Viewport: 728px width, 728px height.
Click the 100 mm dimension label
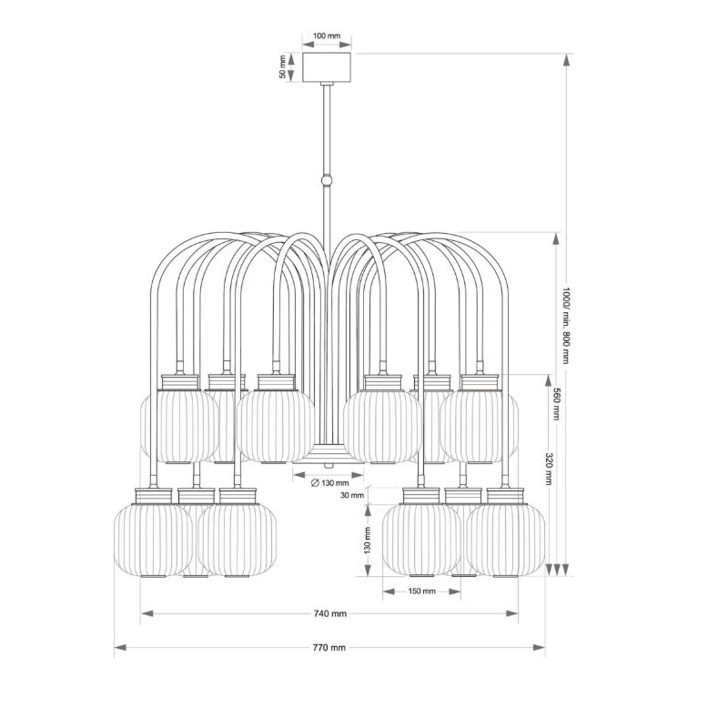tap(327, 35)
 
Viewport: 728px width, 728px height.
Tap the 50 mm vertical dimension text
tap(283, 66)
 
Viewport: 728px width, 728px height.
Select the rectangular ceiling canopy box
tap(327, 67)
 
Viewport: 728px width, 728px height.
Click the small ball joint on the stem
tap(327, 180)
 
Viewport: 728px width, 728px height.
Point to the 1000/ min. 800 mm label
tap(565, 326)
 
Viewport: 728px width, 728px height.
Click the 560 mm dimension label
tap(556, 403)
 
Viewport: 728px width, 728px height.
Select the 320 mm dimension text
tap(549, 469)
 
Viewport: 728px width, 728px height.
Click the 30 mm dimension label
tap(352, 495)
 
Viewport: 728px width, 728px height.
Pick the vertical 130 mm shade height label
tap(368, 540)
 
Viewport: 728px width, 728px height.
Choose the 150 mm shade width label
tap(421, 591)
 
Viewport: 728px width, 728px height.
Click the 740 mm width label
tap(330, 613)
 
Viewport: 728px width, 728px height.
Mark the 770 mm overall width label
tap(329, 647)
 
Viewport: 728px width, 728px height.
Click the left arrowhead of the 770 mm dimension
tap(120, 647)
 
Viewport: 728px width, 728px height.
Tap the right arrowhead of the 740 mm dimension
tap(511, 613)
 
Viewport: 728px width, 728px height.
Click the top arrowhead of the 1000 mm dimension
tap(565, 60)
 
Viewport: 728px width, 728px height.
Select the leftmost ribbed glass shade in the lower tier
tap(153, 541)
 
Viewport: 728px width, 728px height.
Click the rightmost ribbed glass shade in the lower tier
tap(506, 541)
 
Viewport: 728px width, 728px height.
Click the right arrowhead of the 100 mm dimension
tap(346, 45)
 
